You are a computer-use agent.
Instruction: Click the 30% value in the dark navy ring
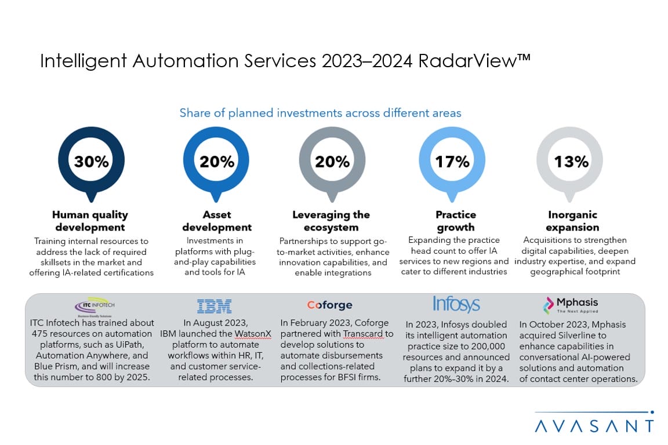tap(92, 162)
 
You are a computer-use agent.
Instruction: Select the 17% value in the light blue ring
tap(453, 162)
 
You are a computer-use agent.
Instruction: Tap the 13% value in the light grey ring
tap(571, 162)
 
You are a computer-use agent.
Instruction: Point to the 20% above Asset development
tap(217, 162)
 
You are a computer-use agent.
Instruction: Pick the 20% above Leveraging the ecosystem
tap(332, 162)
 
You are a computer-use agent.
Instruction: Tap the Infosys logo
tap(456, 305)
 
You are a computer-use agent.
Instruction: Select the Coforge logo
tap(329, 305)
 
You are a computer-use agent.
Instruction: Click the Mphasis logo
tap(570, 304)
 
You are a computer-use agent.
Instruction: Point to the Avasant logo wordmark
tap(594, 426)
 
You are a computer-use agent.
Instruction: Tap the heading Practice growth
tap(455, 221)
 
